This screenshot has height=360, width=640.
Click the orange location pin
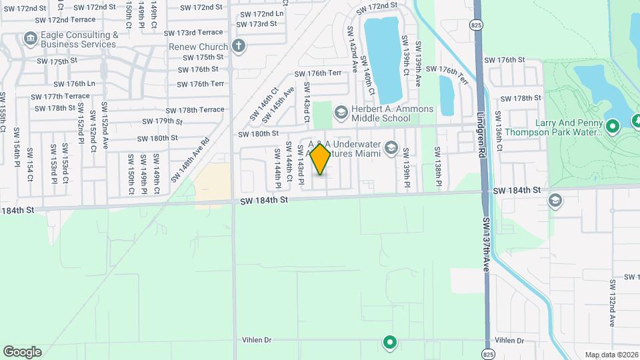click(x=321, y=159)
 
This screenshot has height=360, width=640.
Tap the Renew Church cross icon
click(x=239, y=46)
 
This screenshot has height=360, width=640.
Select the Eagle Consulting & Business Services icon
click(x=30, y=39)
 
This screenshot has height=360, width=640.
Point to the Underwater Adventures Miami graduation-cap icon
click(x=391, y=149)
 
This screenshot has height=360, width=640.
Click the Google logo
click(x=22, y=351)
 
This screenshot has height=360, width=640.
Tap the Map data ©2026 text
click(x=611, y=354)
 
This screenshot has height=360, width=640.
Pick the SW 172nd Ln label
click(x=261, y=14)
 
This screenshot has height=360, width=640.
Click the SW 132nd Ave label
click(x=612, y=303)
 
